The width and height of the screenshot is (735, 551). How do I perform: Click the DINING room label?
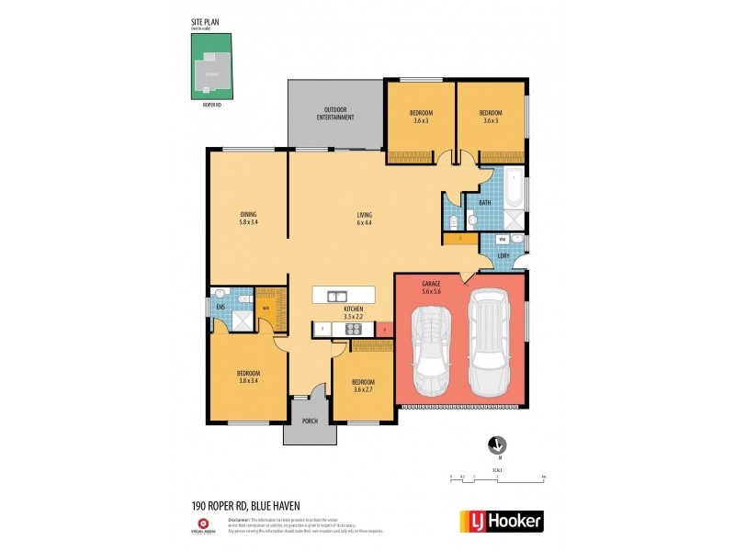pos(247,219)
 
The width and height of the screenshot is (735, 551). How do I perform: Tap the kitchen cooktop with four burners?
pos(328,328)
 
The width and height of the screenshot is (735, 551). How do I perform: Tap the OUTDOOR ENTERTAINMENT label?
pos(335,114)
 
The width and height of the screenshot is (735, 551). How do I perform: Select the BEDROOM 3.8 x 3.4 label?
pos(248,377)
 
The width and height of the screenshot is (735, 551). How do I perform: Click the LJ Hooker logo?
pos(501,521)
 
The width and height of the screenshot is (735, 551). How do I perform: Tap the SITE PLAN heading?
pos(205,21)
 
